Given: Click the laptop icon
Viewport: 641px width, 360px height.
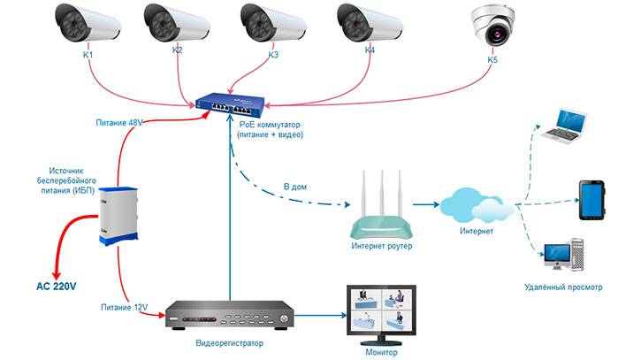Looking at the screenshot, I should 566,126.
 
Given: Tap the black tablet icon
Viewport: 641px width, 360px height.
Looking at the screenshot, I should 591,199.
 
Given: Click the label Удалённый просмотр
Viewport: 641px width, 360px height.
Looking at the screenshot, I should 563,287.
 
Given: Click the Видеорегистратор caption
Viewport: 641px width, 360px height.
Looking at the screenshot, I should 230,341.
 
